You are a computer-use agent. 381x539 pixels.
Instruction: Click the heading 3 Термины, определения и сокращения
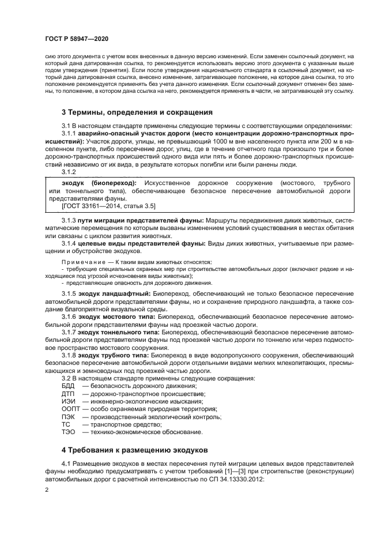coord(137,112)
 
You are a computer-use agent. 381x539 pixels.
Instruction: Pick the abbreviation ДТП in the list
coord(69,394)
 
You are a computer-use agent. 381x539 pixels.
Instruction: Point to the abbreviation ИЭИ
coord(69,401)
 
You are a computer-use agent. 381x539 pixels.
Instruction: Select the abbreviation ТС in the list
coord(66,424)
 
